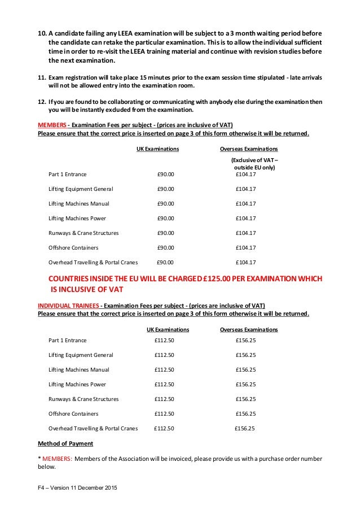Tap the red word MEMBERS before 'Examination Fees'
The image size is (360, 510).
53,124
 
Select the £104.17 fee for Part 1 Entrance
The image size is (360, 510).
245,174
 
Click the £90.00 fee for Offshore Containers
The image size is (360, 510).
165,247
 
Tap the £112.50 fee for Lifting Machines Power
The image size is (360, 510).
164,384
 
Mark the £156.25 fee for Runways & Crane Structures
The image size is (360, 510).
245,399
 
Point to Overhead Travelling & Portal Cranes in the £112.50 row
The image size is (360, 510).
93,428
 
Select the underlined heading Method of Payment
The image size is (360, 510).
62,444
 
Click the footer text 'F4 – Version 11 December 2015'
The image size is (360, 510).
77,487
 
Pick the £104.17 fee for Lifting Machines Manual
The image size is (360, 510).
245,203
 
